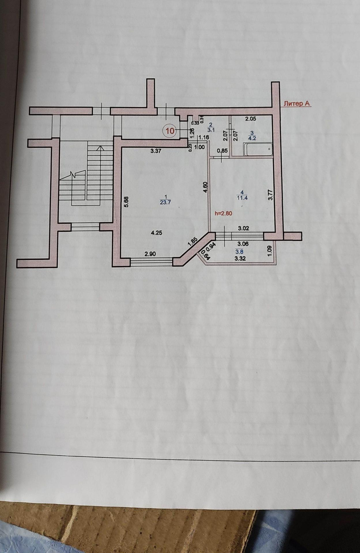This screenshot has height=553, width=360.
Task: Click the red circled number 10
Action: pos(170,131)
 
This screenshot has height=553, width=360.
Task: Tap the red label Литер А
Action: pos(296,104)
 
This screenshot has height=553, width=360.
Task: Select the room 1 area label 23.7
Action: pos(165,202)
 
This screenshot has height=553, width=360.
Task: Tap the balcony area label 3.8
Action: pos(240,252)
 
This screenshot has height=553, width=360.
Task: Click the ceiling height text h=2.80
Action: pos(223,214)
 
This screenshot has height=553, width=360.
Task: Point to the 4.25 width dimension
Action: pos(156,233)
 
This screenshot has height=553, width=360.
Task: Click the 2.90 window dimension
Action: pos(150,254)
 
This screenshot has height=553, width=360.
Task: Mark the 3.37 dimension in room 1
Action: pos(156,151)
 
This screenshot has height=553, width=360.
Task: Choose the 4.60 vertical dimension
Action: pos(206,187)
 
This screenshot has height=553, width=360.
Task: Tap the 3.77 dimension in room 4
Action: pos(271,195)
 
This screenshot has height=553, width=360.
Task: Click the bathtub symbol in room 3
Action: pos(258,149)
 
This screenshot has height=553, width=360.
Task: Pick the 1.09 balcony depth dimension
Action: pos(270,250)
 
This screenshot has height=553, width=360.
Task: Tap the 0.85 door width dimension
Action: pos(222,151)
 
